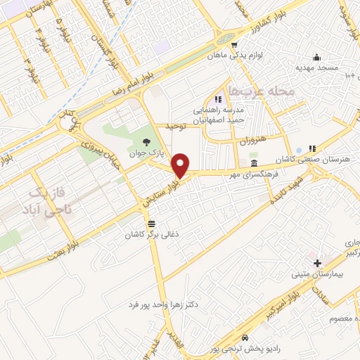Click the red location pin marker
tap(181, 165)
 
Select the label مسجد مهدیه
tap(321, 68)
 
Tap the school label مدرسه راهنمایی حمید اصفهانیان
tap(219, 115)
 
